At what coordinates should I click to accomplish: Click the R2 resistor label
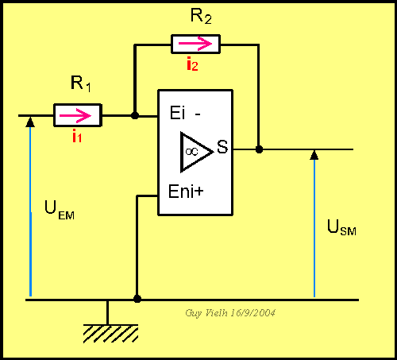point(201,17)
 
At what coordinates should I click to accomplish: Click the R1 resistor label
point(81,83)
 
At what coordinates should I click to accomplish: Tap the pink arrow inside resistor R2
point(195,44)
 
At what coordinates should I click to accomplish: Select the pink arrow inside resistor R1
point(75,115)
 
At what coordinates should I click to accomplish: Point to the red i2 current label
point(192,64)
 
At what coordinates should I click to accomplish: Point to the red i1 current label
point(77,136)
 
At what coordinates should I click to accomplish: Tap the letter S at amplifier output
point(222,146)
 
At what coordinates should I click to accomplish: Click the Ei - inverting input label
point(185,113)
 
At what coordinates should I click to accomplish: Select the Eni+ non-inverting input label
point(186,192)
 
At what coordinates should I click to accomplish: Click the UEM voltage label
point(60,211)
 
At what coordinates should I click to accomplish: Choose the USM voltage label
point(341,227)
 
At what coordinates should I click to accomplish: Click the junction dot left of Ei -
point(135,115)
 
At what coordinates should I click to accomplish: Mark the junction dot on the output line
point(259,149)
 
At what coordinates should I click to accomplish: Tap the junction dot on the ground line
point(137,299)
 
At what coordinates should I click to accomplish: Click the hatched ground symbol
point(110,333)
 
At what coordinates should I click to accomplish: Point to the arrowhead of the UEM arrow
point(30,122)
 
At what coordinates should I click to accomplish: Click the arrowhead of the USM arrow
point(314,155)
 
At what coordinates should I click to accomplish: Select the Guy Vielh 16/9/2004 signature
point(230,313)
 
